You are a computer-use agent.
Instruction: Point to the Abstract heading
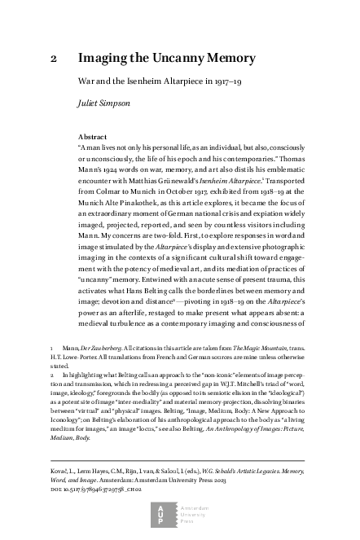92,137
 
